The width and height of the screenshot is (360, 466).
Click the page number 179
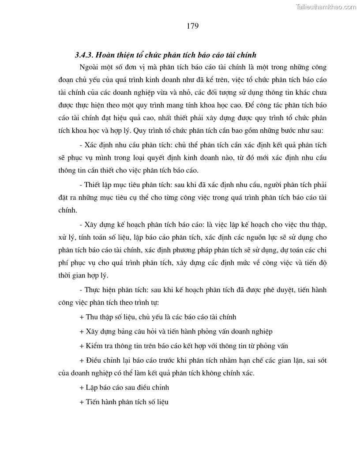[192, 26]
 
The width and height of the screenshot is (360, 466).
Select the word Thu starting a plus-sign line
[93, 317]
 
